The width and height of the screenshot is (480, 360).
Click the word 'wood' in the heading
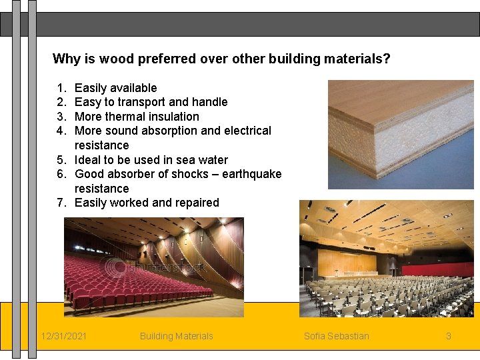(118, 59)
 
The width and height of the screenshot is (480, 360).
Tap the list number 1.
(61, 88)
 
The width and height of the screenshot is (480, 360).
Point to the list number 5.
(61, 160)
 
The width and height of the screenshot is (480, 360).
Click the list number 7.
(61, 203)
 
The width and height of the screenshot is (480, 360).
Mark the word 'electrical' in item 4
(247, 131)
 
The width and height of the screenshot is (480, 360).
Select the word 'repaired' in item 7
(197, 203)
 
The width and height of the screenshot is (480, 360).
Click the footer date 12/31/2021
(63, 336)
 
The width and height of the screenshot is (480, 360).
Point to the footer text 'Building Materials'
(177, 336)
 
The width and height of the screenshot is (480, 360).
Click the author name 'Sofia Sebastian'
(336, 336)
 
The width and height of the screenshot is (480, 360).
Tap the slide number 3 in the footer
(449, 336)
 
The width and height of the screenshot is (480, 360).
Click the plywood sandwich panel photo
(401, 135)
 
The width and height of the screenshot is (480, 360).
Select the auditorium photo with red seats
(153, 267)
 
